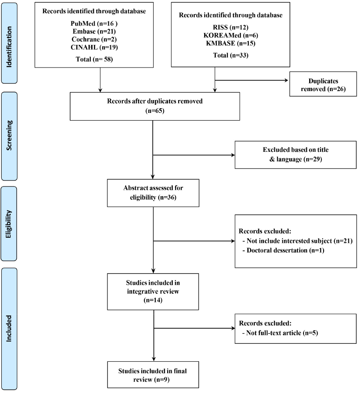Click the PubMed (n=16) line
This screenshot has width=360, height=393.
(x=94, y=24)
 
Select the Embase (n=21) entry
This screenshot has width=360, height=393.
(x=94, y=31)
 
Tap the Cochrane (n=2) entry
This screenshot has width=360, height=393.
(x=94, y=39)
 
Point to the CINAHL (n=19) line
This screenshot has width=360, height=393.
(x=94, y=47)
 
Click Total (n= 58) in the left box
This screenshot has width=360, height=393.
(x=94, y=59)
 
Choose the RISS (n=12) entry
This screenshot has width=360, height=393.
(x=231, y=27)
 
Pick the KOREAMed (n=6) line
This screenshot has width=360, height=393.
(x=231, y=35)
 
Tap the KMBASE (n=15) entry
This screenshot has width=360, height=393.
(x=231, y=43)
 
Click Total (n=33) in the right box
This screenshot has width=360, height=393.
(x=231, y=55)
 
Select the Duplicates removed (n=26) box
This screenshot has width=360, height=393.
(x=323, y=84)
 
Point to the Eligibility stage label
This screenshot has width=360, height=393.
(x=9, y=224)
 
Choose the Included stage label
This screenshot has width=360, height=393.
(x=9, y=328)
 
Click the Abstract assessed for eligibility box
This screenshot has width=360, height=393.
(x=153, y=193)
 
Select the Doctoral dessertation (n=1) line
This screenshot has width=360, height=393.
(x=283, y=251)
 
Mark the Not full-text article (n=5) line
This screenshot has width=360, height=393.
(x=280, y=333)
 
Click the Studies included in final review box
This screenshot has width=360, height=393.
(x=153, y=375)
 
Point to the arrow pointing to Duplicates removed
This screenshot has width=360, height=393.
(x=251, y=80)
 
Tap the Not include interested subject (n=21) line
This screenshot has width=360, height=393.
(x=297, y=241)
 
